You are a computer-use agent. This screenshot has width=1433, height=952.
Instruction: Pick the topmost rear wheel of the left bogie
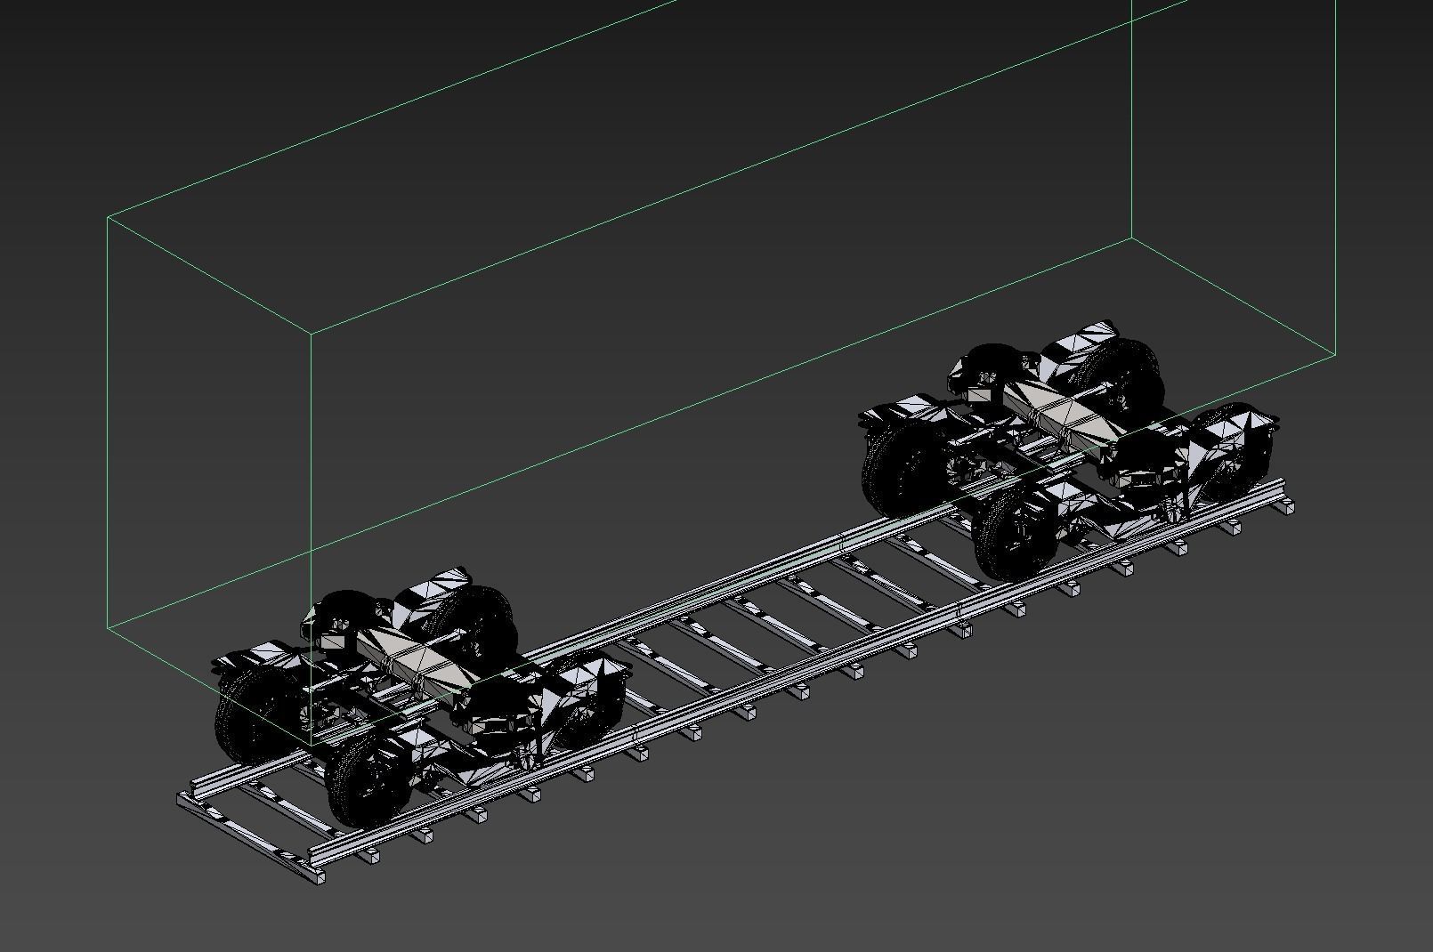(481, 618)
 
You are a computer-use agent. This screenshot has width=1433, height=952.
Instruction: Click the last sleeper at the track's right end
(1286, 506)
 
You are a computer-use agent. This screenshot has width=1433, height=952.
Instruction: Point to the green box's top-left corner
(108, 216)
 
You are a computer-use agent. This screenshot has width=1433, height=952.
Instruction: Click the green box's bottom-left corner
(108, 627)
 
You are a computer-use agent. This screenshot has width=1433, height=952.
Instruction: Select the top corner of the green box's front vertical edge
(311, 333)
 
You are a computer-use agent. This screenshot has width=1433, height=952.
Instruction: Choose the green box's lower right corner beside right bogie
(1336, 354)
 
